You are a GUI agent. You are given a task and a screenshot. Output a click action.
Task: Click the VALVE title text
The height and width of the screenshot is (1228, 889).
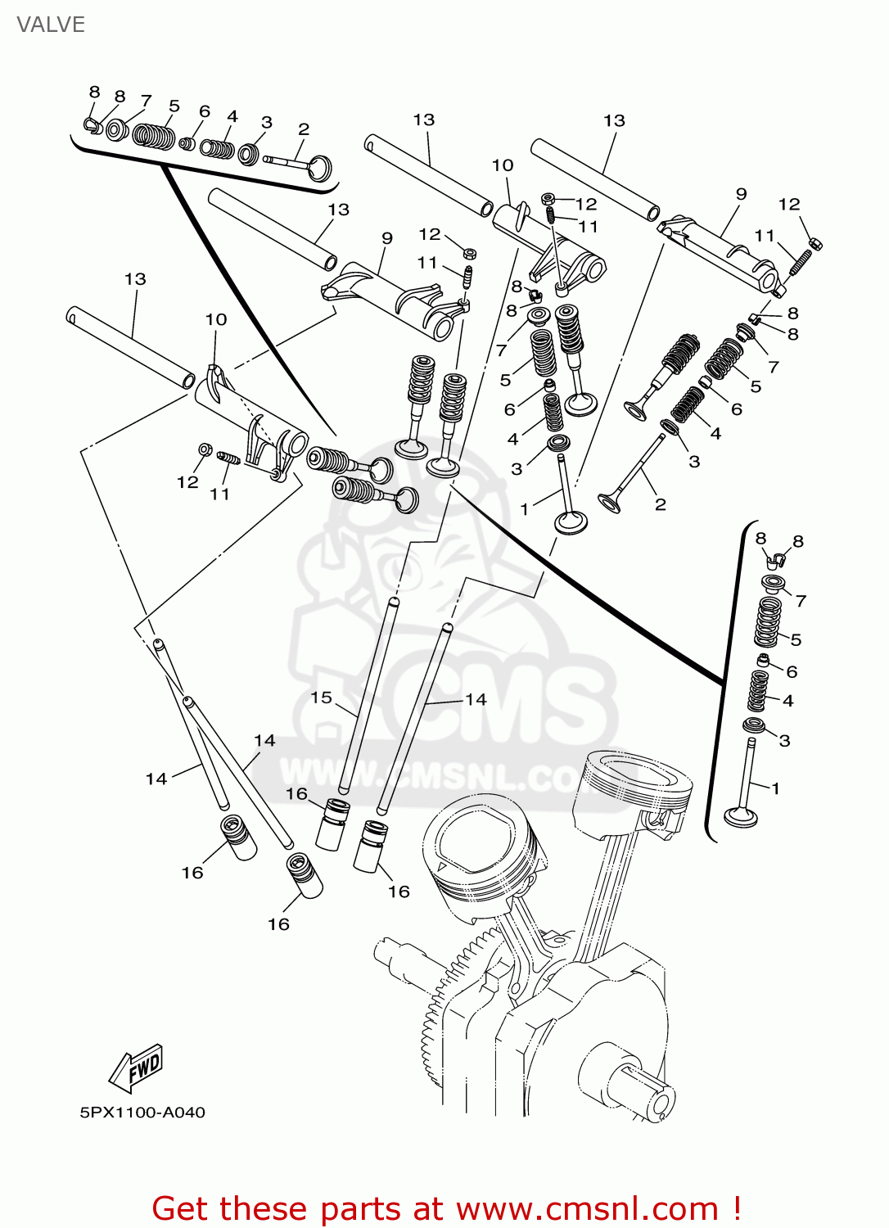[51, 25]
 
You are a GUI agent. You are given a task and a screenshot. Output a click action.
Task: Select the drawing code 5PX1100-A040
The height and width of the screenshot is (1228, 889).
[142, 1113]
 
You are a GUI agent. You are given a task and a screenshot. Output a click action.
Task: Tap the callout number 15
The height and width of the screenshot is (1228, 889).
[322, 698]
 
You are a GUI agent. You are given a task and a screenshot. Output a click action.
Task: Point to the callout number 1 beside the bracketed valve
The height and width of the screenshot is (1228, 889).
[775, 788]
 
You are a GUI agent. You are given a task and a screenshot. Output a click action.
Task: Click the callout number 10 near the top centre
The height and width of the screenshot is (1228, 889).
[503, 165]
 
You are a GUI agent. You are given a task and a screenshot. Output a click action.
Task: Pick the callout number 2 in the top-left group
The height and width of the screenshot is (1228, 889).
[304, 129]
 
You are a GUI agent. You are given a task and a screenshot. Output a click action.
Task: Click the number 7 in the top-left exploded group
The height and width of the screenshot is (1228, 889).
[147, 101]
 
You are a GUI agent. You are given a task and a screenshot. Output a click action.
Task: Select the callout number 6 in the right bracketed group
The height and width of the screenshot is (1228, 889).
[792, 671]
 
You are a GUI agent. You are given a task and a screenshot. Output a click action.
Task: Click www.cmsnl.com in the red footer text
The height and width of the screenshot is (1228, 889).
[587, 1209]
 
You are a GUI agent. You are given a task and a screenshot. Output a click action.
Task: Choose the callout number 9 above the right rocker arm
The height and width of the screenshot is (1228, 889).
[742, 194]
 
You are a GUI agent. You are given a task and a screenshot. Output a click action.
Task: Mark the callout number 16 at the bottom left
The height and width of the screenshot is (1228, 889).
[192, 873]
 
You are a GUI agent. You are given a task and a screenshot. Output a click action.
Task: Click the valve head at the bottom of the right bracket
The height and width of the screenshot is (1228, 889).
[742, 816]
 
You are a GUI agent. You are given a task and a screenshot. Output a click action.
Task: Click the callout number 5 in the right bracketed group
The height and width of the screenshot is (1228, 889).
[796, 640]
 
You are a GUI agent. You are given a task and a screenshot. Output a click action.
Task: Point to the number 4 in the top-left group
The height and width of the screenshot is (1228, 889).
[232, 117]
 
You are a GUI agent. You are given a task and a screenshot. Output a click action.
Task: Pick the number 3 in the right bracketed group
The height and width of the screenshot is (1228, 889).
[784, 741]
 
